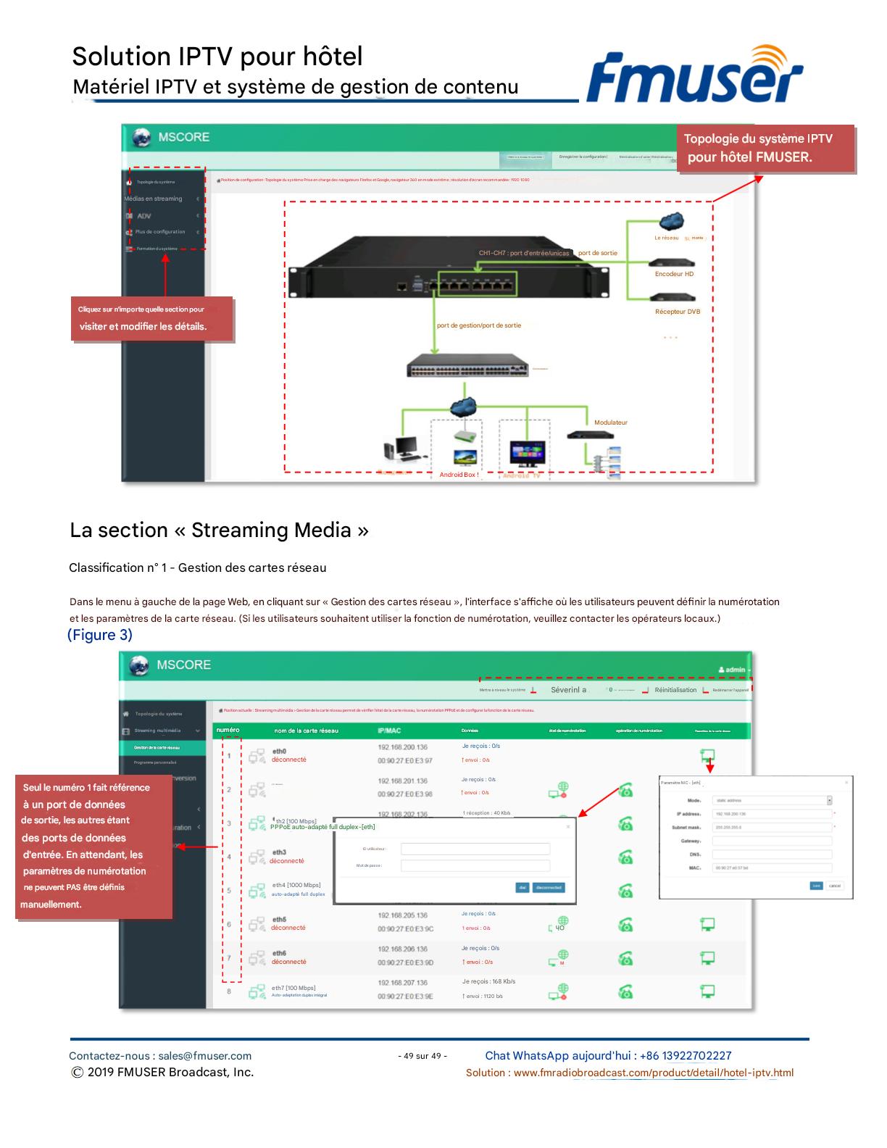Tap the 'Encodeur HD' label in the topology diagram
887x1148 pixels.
coord(674,274)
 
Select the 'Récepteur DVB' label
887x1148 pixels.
coord(678,312)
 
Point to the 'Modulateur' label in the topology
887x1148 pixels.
coord(611,423)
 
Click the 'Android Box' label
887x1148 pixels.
coord(459,475)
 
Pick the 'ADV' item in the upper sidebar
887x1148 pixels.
coord(144,216)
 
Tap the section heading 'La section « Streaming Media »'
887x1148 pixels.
coord(219,531)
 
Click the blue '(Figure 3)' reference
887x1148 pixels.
coord(100,635)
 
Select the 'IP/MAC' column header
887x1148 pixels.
coord(389,731)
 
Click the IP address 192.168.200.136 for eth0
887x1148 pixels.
coord(402,747)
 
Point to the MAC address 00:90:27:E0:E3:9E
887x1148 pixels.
coord(405,997)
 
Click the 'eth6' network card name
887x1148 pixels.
coord(279,953)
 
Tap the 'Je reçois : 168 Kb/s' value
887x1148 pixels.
coord(488,981)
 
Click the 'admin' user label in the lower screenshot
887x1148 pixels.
coord(734,670)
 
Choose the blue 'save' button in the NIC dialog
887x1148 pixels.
coord(816,886)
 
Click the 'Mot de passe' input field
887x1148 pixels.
coord(475,865)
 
